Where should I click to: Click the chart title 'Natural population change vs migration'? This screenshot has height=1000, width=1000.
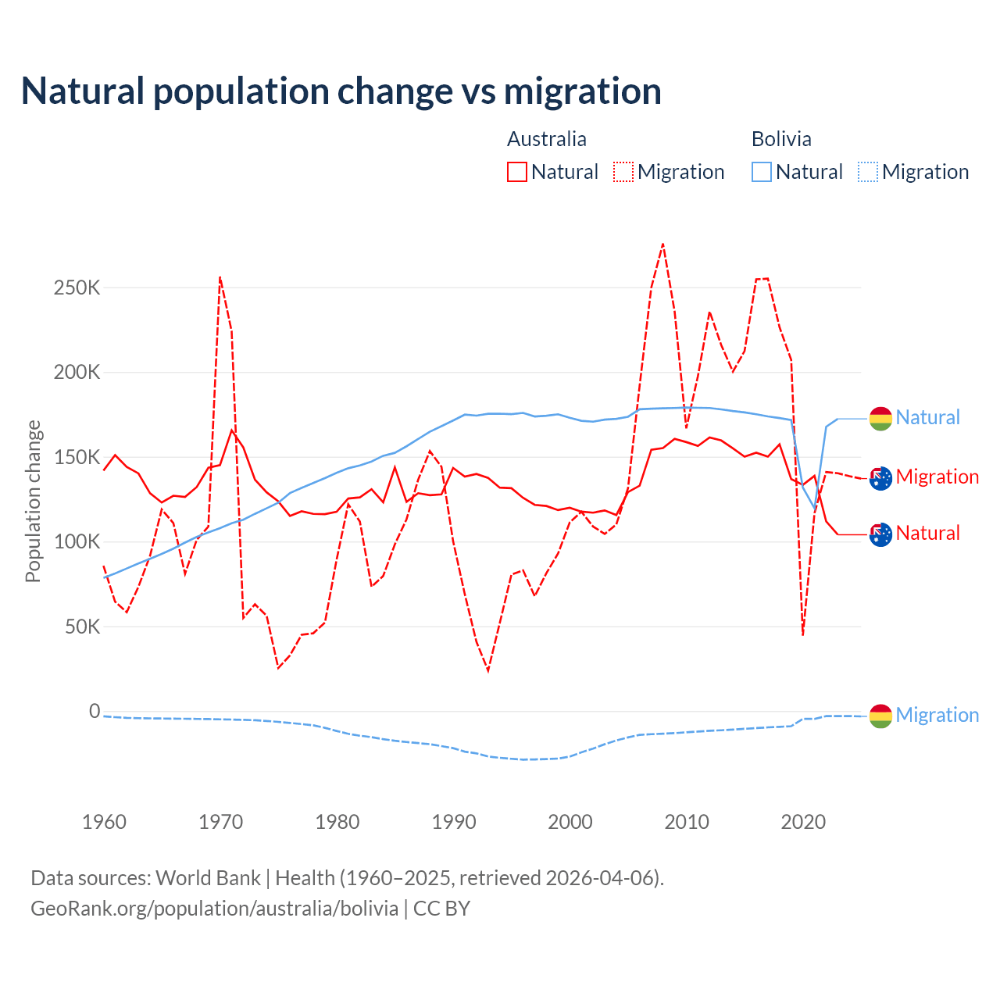pyautogui.click(x=341, y=91)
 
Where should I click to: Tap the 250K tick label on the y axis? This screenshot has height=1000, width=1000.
pyautogui.click(x=77, y=287)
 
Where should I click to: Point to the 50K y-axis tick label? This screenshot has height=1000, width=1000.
pyautogui.click(x=82, y=627)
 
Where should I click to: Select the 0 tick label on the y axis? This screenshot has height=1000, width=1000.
pyautogui.click(x=95, y=711)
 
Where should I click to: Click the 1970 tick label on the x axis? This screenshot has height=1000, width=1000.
pyautogui.click(x=220, y=822)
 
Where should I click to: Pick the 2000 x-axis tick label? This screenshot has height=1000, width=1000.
pyautogui.click(x=570, y=822)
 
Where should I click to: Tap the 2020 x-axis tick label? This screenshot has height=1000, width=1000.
pyautogui.click(x=803, y=822)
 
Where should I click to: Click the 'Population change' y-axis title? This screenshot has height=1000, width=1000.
pyautogui.click(x=33, y=501)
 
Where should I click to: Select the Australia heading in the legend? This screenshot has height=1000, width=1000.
pyautogui.click(x=546, y=139)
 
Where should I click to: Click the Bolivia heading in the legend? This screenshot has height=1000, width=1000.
pyautogui.click(x=781, y=139)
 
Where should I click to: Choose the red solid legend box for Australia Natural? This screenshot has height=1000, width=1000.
pyautogui.click(x=517, y=172)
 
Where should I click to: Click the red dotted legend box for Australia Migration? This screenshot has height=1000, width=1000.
pyautogui.click(x=623, y=172)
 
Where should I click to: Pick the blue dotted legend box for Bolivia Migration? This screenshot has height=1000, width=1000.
pyautogui.click(x=868, y=172)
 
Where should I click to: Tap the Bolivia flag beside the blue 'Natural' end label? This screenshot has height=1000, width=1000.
pyautogui.click(x=880, y=419)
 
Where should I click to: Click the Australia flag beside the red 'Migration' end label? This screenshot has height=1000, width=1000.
pyautogui.click(x=880, y=478)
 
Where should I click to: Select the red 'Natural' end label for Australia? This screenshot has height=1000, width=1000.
pyautogui.click(x=927, y=534)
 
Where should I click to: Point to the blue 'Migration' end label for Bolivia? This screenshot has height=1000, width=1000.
pyautogui.click(x=937, y=715)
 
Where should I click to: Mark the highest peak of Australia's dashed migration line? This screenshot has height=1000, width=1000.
pyautogui.click(x=662, y=244)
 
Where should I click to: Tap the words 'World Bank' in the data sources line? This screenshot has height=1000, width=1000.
pyautogui.click(x=208, y=878)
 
